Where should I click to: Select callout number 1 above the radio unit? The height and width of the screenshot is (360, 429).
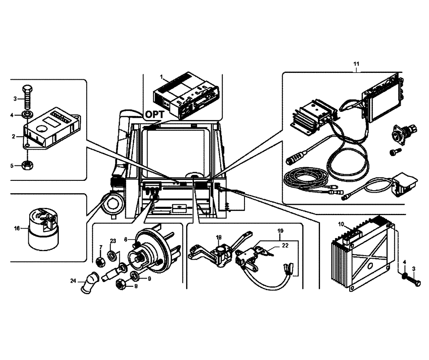point(161,77)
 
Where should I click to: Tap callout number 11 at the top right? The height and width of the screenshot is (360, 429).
point(356,64)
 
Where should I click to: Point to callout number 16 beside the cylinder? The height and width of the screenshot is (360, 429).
point(17,229)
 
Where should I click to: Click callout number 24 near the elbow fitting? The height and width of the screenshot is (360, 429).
point(73,282)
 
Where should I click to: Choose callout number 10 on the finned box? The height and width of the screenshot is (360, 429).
point(341,224)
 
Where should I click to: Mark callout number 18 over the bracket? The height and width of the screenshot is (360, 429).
point(218,237)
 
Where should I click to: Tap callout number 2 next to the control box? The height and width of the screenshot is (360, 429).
point(14,137)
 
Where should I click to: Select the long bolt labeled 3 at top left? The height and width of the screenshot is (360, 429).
point(28,98)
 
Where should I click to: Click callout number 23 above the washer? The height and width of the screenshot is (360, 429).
point(113,240)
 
